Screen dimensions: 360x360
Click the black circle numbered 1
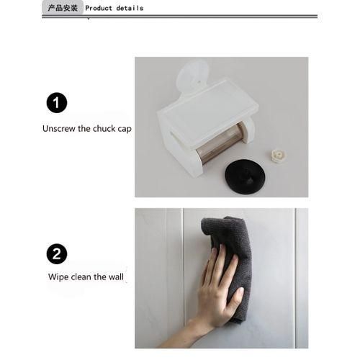[x=56, y=103]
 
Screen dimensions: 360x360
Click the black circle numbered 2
[x=56, y=253]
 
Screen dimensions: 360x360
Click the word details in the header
[x=130, y=8]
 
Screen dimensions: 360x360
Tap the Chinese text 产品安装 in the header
[x=63, y=8]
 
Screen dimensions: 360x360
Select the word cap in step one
[x=125, y=130]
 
